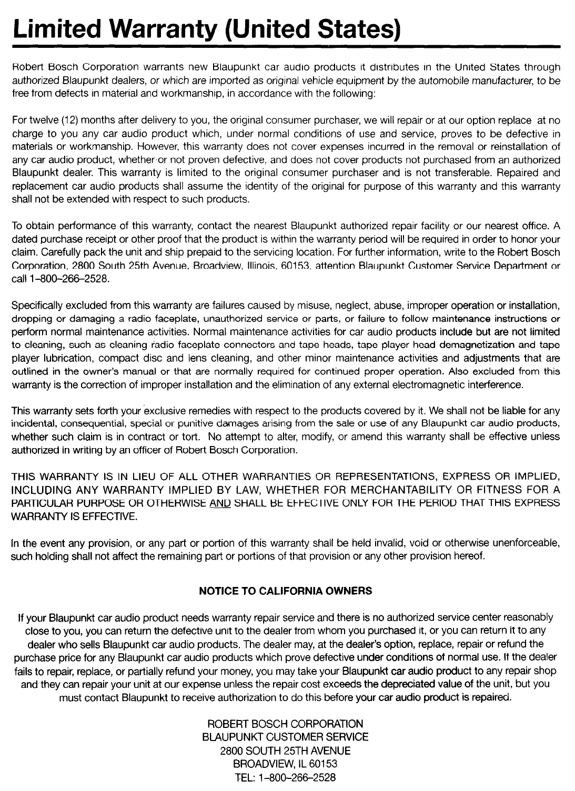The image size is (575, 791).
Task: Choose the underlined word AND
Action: point(219,503)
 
